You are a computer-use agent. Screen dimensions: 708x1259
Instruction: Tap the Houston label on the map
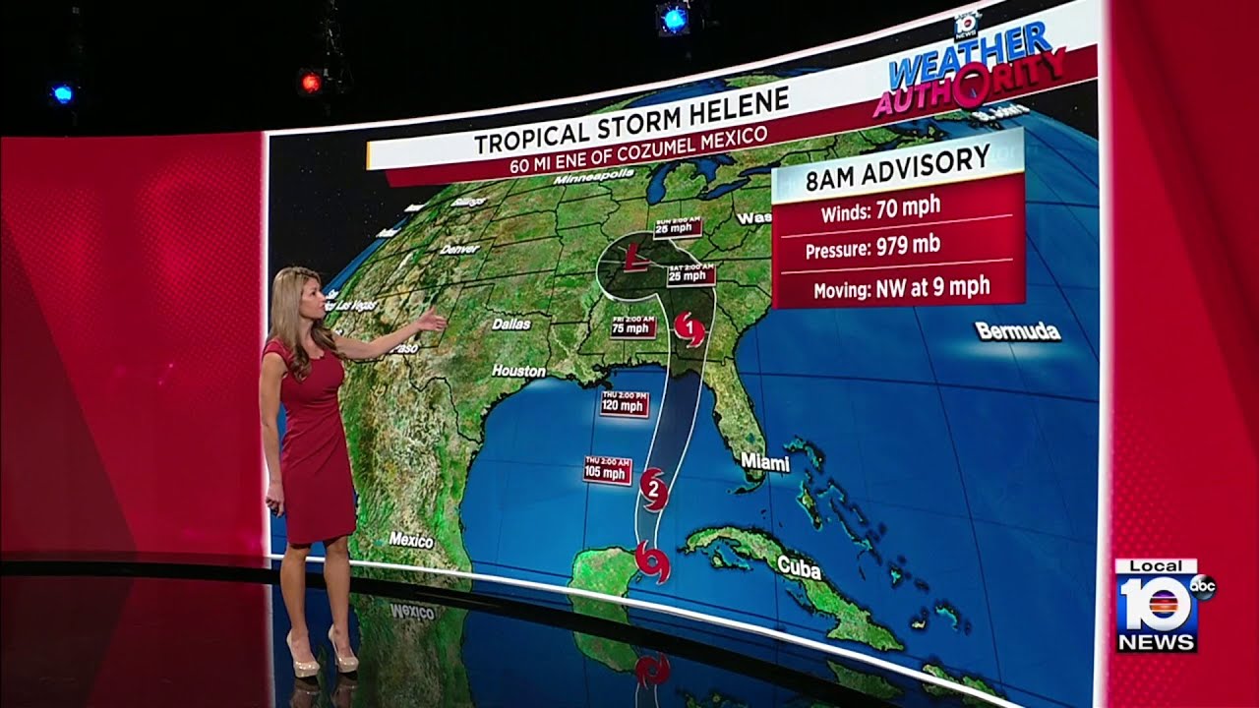point(518,371)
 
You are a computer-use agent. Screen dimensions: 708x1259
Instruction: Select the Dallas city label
point(510,324)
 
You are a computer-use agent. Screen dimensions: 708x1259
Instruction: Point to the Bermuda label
point(1018,330)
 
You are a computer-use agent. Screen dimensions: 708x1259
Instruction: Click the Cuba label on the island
point(799,566)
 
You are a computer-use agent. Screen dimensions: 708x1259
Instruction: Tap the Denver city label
point(459,249)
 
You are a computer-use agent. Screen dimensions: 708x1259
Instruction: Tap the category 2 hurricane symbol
point(652,486)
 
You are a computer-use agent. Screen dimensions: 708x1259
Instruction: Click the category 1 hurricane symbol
point(690,328)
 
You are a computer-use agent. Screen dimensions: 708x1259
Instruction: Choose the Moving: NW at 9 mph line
point(901,288)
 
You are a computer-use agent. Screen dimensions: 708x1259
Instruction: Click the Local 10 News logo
point(1158,605)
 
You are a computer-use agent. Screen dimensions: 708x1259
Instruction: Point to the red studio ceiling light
point(311,83)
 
